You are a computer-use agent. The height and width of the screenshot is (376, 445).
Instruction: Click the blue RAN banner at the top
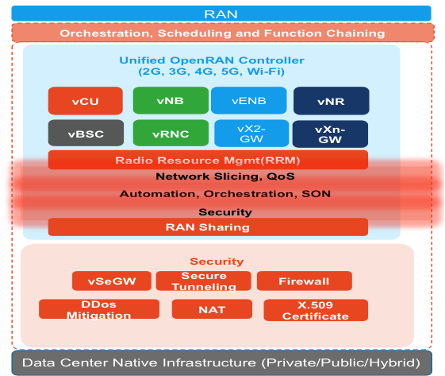click(221, 14)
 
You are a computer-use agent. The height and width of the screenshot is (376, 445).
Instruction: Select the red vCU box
click(86, 101)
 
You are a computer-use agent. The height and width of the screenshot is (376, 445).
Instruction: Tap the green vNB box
click(171, 100)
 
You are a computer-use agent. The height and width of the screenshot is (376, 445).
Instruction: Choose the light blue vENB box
click(248, 100)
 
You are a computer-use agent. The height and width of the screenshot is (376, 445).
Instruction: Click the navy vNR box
click(332, 101)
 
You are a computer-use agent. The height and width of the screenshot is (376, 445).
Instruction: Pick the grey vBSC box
click(86, 133)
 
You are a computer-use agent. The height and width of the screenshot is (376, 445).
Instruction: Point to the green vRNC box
click(171, 133)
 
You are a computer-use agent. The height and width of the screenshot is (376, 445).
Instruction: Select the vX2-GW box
click(251, 134)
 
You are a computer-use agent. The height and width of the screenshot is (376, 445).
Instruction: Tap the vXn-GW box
click(330, 134)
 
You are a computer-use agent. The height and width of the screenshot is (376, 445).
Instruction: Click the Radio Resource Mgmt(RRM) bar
click(208, 160)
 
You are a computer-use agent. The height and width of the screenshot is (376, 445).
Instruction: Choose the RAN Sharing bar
click(208, 227)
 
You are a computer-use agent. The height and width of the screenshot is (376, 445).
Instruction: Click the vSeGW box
click(112, 281)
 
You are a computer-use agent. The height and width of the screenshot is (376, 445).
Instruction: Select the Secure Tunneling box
click(204, 281)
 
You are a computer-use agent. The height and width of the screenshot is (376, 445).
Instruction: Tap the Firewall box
click(305, 281)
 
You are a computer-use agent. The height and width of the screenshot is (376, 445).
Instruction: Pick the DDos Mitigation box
click(99, 309)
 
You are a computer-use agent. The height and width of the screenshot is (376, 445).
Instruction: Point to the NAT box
click(212, 309)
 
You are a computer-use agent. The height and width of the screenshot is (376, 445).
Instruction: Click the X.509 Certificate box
click(316, 310)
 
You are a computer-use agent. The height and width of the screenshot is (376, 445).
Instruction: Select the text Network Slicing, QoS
click(225, 176)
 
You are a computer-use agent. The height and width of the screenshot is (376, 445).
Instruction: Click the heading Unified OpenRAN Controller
click(212, 60)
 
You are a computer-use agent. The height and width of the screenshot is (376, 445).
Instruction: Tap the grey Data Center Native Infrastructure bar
click(221, 362)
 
